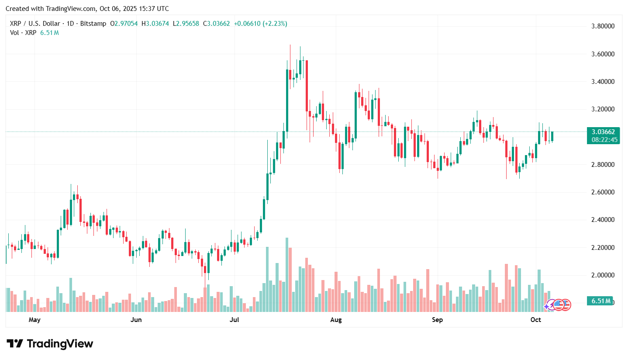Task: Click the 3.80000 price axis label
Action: point(603,26)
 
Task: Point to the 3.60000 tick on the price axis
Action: point(603,54)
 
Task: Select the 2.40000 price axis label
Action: point(603,220)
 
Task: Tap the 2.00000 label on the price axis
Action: point(603,275)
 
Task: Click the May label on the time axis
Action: point(35,320)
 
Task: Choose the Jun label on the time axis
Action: point(136,320)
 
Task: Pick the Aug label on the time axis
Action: point(336,320)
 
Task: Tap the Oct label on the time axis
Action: point(535,320)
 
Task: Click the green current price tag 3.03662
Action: point(603,132)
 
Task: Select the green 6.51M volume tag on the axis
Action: point(600,301)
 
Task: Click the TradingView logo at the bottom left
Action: point(50,344)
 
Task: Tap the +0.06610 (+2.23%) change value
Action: point(260,24)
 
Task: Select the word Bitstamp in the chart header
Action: point(93,24)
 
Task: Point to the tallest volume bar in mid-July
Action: point(287,274)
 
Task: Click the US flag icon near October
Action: point(565,305)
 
